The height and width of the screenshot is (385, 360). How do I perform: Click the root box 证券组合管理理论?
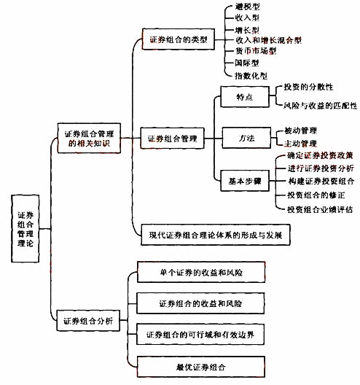(x=26, y=228)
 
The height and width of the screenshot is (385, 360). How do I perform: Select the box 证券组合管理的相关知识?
(x=89, y=139)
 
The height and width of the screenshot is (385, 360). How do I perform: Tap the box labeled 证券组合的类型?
(x=179, y=39)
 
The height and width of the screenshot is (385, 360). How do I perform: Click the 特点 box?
(x=245, y=97)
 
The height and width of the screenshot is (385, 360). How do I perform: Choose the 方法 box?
(x=246, y=138)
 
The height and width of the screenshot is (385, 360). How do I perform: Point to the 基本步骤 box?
(x=245, y=181)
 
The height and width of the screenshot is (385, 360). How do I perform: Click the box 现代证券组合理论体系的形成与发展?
(x=216, y=235)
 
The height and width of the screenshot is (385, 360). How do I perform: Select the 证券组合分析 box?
(x=88, y=321)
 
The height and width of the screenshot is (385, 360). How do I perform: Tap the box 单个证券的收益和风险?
(x=201, y=272)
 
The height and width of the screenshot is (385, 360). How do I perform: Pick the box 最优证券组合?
(x=201, y=367)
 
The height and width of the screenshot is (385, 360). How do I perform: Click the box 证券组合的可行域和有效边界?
(x=200, y=335)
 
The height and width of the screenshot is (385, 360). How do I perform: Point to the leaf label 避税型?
(x=247, y=7)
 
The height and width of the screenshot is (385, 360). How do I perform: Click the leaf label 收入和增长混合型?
(x=268, y=40)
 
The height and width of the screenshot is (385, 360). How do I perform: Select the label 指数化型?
(x=251, y=76)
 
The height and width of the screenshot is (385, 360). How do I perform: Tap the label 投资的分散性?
(x=308, y=87)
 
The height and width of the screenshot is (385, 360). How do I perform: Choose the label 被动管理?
(x=301, y=131)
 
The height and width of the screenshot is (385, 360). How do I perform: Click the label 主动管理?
(x=301, y=144)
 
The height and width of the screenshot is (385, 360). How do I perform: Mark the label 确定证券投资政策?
(x=320, y=155)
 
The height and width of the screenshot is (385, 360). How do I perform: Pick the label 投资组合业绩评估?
(x=320, y=209)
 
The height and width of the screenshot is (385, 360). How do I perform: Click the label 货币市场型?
(x=256, y=51)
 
